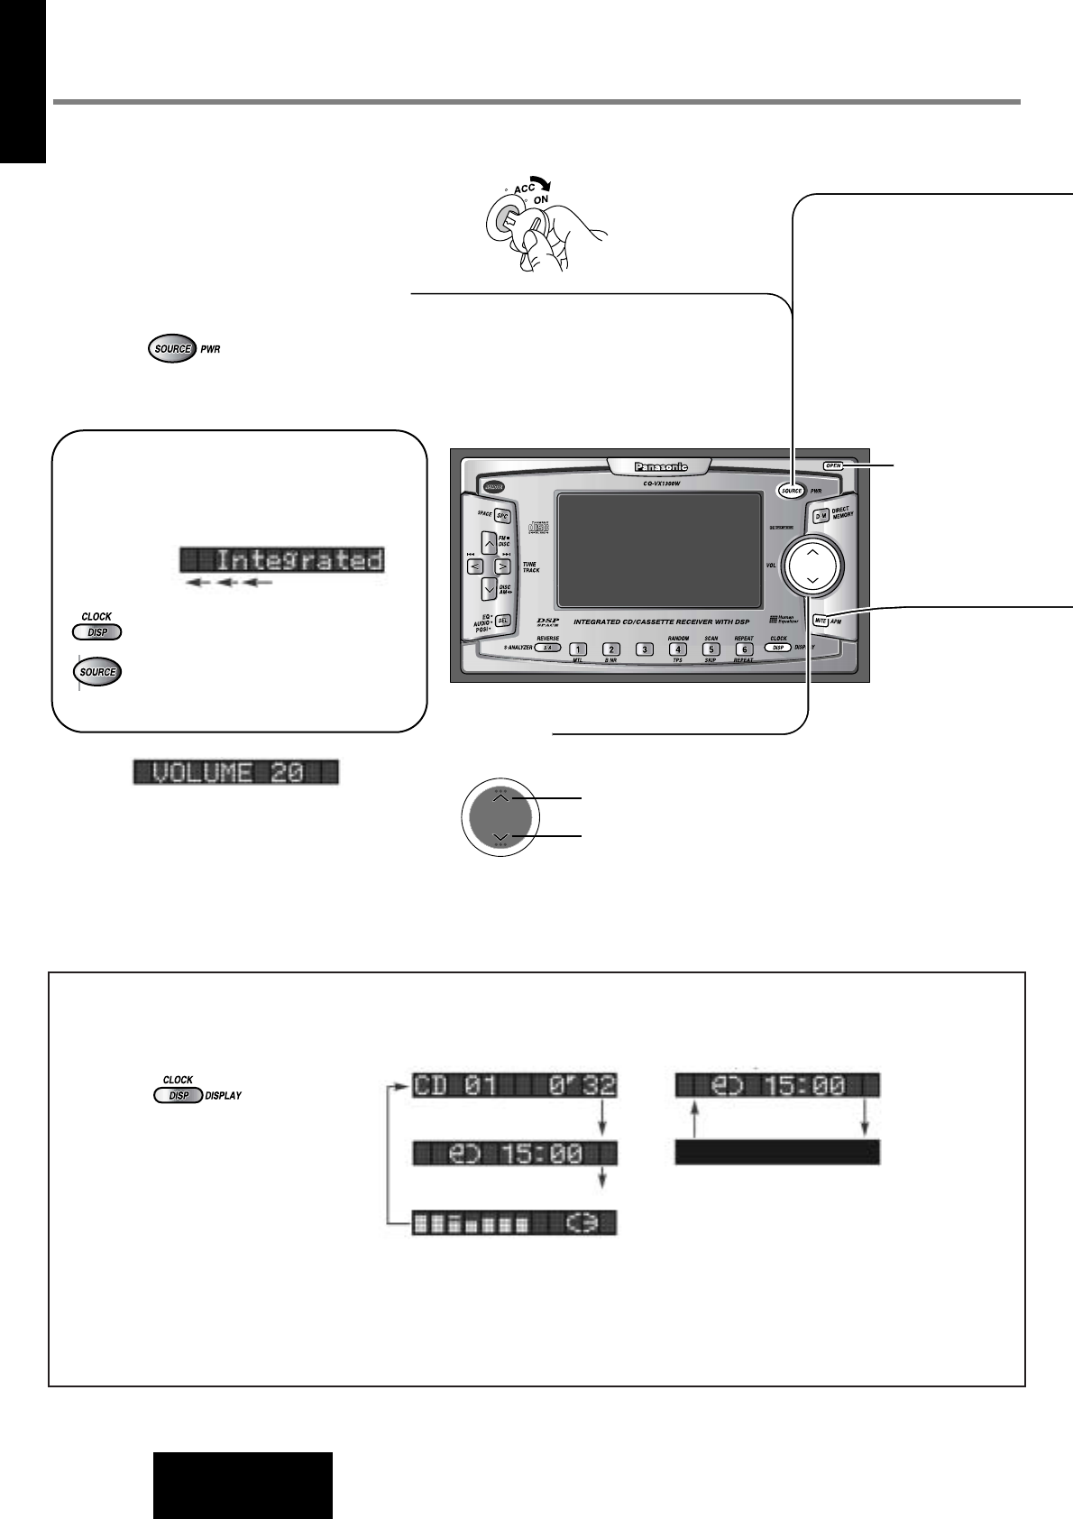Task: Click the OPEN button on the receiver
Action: [x=832, y=466]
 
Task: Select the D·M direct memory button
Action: [x=821, y=516]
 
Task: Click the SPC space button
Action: [x=503, y=516]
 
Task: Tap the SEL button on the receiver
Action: [x=503, y=621]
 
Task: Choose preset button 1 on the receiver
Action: [x=578, y=649]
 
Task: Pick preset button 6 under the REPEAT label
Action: [x=744, y=649]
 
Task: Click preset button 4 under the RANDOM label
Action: [x=677, y=649]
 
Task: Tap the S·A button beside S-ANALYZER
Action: [x=547, y=648]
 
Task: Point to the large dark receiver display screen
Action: [x=658, y=549]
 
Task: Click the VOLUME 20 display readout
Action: [x=236, y=772]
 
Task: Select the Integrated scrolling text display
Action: [x=282, y=560]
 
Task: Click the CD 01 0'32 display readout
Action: [x=514, y=1086]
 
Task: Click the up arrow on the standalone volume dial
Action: [x=501, y=797]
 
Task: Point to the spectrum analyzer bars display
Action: [x=514, y=1222]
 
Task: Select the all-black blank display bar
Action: [x=776, y=1152]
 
